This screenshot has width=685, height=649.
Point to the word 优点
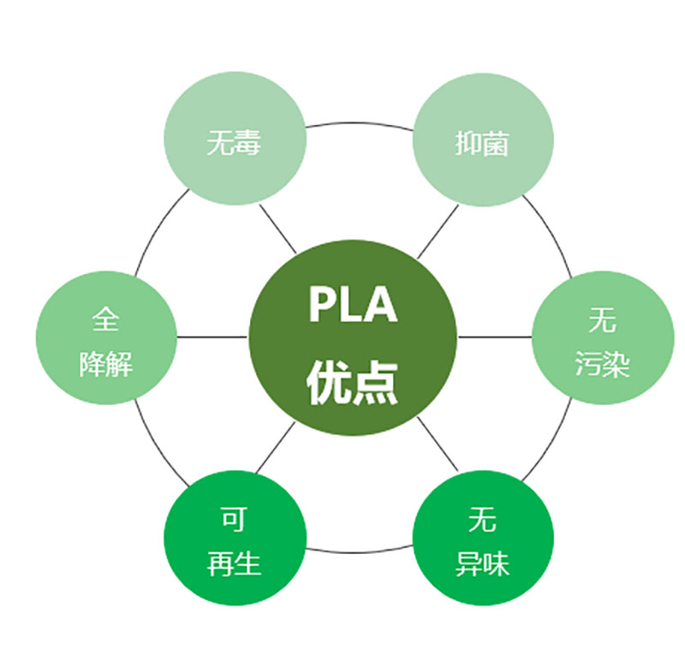click(353, 382)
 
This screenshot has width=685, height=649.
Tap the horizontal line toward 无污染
click(494, 336)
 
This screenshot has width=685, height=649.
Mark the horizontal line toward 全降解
click(212, 336)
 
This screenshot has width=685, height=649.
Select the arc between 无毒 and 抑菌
click(358, 122)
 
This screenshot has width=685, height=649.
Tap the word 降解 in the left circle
click(105, 364)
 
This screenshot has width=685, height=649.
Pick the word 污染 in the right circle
click(602, 364)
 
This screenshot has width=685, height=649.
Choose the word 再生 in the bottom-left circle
click(234, 564)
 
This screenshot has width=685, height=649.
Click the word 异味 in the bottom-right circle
click(482, 564)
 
